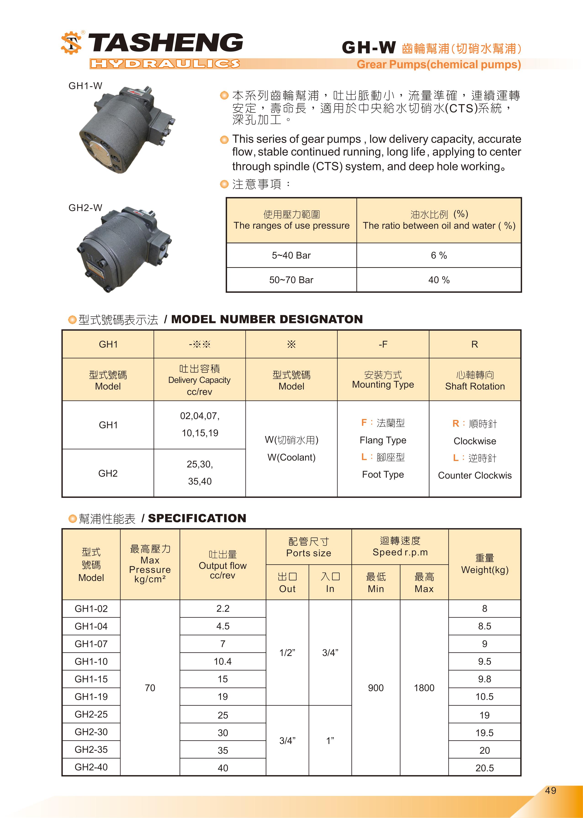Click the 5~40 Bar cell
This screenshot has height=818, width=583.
291,255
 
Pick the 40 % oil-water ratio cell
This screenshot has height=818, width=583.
439,280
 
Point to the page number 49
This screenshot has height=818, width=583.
550,790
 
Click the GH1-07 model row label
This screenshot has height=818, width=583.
91,644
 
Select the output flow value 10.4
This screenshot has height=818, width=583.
223,661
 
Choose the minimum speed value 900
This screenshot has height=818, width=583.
376,688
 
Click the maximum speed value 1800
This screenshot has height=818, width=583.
424,688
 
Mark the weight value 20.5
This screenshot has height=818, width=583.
484,768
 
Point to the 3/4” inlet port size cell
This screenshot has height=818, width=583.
330,653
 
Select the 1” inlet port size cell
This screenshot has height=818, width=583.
330,741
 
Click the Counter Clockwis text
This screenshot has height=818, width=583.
474,475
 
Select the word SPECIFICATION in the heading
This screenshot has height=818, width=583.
197,518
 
